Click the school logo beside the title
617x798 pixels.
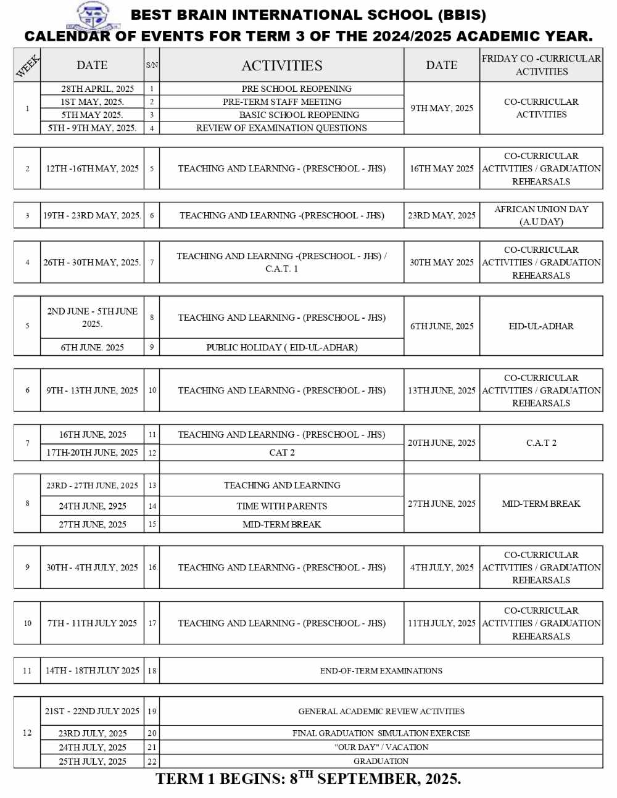[93, 16]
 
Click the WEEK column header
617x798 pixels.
[27, 65]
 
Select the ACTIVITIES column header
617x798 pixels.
[281, 65]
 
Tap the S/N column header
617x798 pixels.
[152, 65]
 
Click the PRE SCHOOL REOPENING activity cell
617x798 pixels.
[296, 89]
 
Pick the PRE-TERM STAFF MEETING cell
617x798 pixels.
[282, 102]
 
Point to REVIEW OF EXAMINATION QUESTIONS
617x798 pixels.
[281, 128]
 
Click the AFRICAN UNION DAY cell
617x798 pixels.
[541, 215]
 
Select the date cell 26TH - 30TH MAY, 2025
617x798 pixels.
[92, 262]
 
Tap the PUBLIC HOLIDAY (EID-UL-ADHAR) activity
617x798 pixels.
[281, 347]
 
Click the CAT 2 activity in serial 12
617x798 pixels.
[281, 453]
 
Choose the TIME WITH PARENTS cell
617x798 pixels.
[281, 506]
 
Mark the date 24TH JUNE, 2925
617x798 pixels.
[92, 506]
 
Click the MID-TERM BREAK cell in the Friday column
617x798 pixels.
[541, 504]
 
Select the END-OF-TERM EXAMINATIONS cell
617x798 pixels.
[381, 671]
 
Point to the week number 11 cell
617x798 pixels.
[27, 671]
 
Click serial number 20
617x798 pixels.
[152, 733]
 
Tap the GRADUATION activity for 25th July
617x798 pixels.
[381, 761]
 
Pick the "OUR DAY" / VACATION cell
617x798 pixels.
[381, 747]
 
